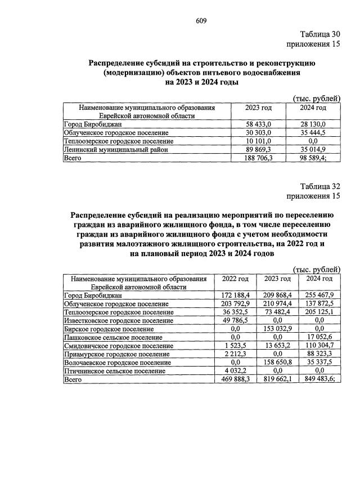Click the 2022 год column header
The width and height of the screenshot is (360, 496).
236,279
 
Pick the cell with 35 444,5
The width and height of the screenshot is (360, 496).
313,132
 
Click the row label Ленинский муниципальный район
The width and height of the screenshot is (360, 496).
116,150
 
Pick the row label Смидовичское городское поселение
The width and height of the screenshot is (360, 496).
119,346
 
